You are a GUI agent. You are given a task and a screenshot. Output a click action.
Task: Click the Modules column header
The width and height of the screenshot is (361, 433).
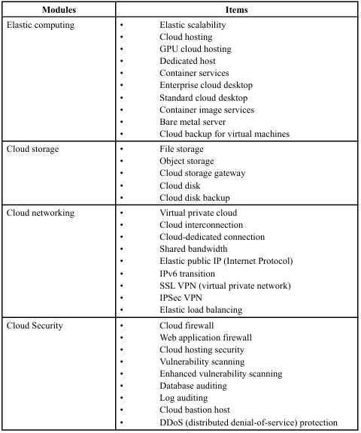click(x=59, y=10)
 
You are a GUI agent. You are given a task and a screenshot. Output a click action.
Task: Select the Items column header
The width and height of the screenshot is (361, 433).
click(x=236, y=10)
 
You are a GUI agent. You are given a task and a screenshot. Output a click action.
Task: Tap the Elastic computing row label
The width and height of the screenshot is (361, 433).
click(x=41, y=25)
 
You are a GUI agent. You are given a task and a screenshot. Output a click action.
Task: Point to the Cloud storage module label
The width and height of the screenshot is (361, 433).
click(x=32, y=149)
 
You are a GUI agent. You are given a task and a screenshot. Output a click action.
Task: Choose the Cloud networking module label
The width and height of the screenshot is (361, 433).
click(x=41, y=213)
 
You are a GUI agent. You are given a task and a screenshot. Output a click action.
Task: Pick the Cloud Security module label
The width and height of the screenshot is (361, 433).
click(x=35, y=326)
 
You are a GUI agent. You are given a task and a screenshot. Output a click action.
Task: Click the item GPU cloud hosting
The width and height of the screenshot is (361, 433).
click(x=196, y=49)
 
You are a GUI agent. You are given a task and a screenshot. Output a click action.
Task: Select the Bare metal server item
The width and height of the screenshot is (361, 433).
click(x=193, y=122)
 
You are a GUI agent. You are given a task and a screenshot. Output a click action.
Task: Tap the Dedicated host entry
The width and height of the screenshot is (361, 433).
click(x=187, y=61)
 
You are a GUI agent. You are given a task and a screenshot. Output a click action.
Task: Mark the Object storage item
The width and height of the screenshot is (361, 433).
click(x=187, y=161)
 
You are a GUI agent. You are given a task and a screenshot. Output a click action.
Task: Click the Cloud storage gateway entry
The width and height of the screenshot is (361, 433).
click(x=202, y=173)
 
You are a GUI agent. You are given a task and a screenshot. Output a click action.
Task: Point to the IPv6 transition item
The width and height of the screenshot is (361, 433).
click(x=187, y=274)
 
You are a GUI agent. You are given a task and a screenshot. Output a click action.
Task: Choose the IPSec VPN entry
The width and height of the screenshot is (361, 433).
click(x=181, y=298)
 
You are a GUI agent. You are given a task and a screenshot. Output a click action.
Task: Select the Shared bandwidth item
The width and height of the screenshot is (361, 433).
click(x=193, y=249)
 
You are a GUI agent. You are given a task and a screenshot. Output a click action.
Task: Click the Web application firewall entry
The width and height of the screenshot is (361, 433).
click(x=206, y=338)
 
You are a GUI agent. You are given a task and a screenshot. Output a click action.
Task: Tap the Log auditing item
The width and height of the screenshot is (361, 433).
click(x=184, y=398)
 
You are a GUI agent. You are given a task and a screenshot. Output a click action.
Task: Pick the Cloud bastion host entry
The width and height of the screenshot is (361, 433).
click(x=195, y=410)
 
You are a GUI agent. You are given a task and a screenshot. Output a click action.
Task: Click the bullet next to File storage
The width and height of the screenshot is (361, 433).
click(x=122, y=149)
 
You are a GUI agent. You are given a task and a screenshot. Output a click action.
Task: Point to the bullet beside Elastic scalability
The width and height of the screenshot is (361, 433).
click(x=122, y=25)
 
